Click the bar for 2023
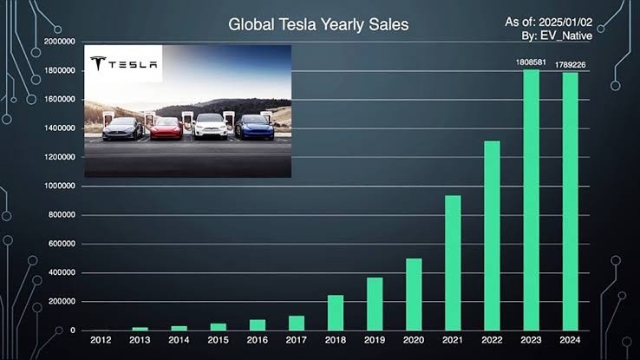[532, 200]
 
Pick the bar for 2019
[374, 304]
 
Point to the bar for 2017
[296, 323]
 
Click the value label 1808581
[532, 62]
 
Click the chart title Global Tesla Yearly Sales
[318, 25]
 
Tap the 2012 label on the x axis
[101, 341]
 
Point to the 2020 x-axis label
[414, 341]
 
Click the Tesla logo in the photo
[124, 63]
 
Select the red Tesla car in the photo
[166, 128]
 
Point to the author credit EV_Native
[567, 36]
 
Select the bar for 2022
[492, 235]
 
